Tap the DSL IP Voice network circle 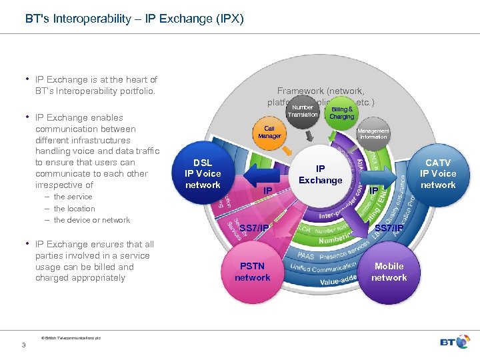pos(202,173)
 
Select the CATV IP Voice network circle pos(437,173)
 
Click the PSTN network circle pos(253,271)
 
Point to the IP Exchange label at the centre pos(320,175)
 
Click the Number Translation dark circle pos(303,111)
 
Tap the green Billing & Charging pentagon pos(342,112)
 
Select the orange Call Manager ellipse pos(269,132)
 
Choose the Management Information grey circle pos(373,134)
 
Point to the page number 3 pos(23,345)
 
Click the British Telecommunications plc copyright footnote pos(71,338)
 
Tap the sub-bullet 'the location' pos(74,209)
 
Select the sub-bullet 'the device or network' pos(91,220)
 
